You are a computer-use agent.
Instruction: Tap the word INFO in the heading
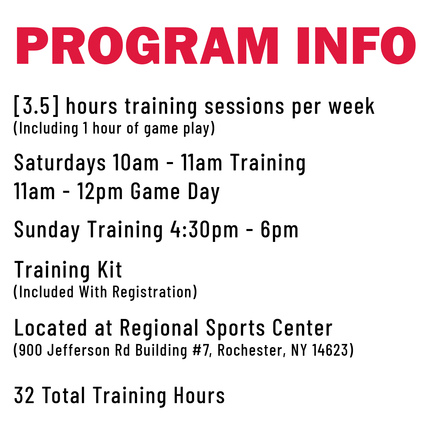tap(356, 45)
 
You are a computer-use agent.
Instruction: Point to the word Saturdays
tap(60, 163)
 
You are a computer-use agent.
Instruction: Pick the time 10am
tap(136, 163)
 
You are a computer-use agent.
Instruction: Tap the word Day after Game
tap(204, 193)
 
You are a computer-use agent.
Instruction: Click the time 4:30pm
tap(204, 230)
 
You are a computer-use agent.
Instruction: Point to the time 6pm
tap(279, 230)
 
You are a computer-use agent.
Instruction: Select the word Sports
tap(235, 328)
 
